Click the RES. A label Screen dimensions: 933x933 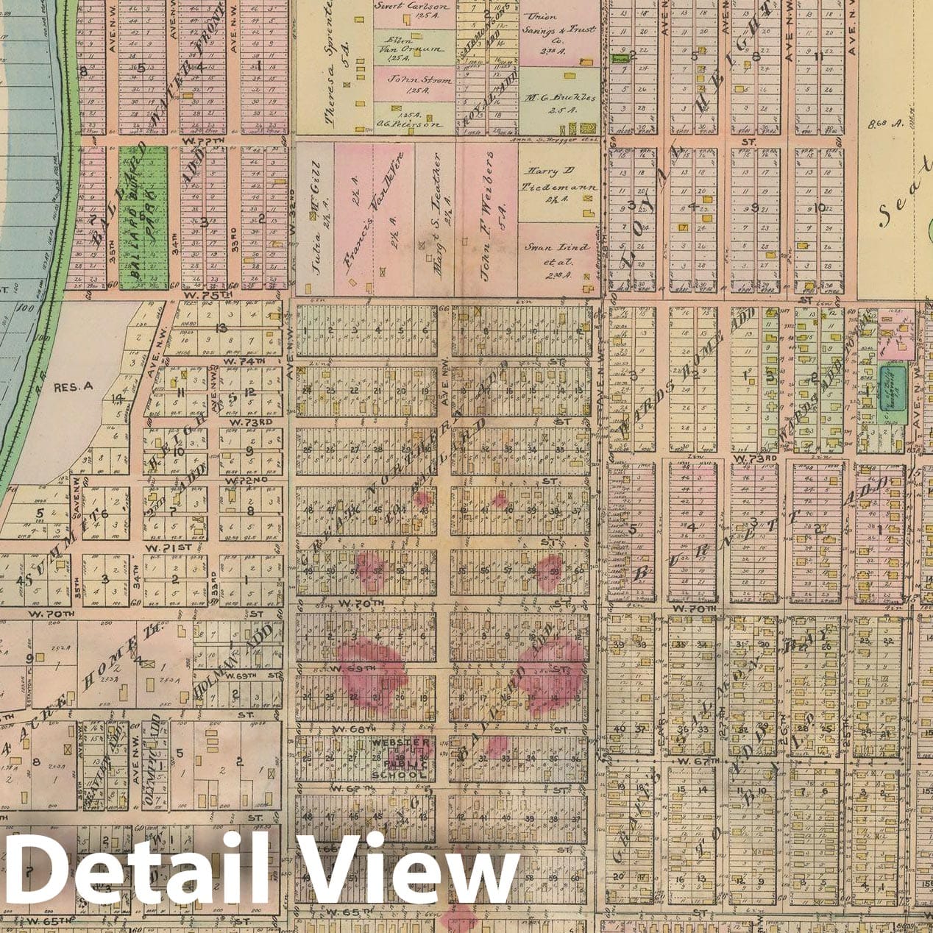pyautogui.click(x=70, y=384)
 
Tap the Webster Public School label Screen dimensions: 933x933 pyautogui.click(x=399, y=758)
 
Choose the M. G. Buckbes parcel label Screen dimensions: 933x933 pyautogui.click(x=561, y=102)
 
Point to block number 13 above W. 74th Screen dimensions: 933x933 pyautogui.click(x=220, y=328)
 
